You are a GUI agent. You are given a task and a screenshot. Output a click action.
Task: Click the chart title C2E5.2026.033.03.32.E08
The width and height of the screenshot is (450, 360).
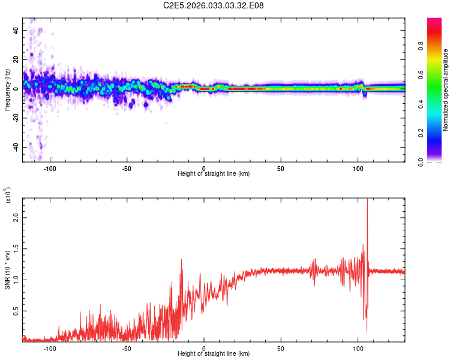pyautogui.click(x=214, y=6)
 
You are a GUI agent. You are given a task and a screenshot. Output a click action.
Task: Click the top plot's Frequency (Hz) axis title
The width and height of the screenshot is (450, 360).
pyautogui.click(x=7, y=90)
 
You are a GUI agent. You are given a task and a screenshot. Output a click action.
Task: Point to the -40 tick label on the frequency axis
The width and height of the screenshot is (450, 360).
pyautogui.click(x=14, y=147)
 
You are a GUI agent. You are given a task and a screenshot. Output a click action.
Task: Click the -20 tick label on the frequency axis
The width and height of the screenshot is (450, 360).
pyautogui.click(x=14, y=118)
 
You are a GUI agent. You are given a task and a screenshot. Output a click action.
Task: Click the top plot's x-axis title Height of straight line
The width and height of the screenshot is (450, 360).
pyautogui.click(x=214, y=173)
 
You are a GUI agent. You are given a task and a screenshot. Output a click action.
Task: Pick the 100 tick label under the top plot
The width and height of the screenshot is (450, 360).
pyautogui.click(x=358, y=169)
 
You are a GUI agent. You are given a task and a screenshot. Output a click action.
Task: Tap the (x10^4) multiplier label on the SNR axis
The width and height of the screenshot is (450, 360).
pyautogui.click(x=8, y=195)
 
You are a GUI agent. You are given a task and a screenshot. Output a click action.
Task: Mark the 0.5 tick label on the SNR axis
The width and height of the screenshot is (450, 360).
pyautogui.click(x=15, y=310)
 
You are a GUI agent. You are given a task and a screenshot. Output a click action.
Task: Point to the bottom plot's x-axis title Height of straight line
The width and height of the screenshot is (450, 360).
pyautogui.click(x=214, y=353)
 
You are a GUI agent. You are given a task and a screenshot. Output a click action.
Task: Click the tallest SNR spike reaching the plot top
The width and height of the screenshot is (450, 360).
pyautogui.click(x=367, y=202)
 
